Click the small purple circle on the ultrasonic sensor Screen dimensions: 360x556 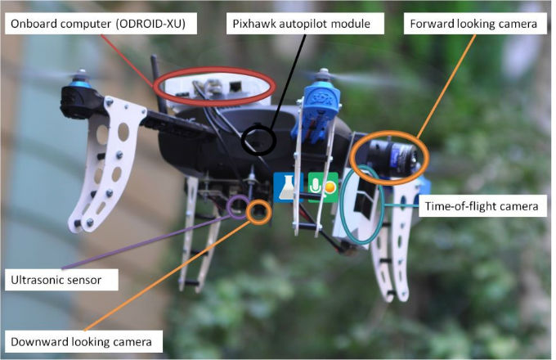(x=238, y=208)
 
